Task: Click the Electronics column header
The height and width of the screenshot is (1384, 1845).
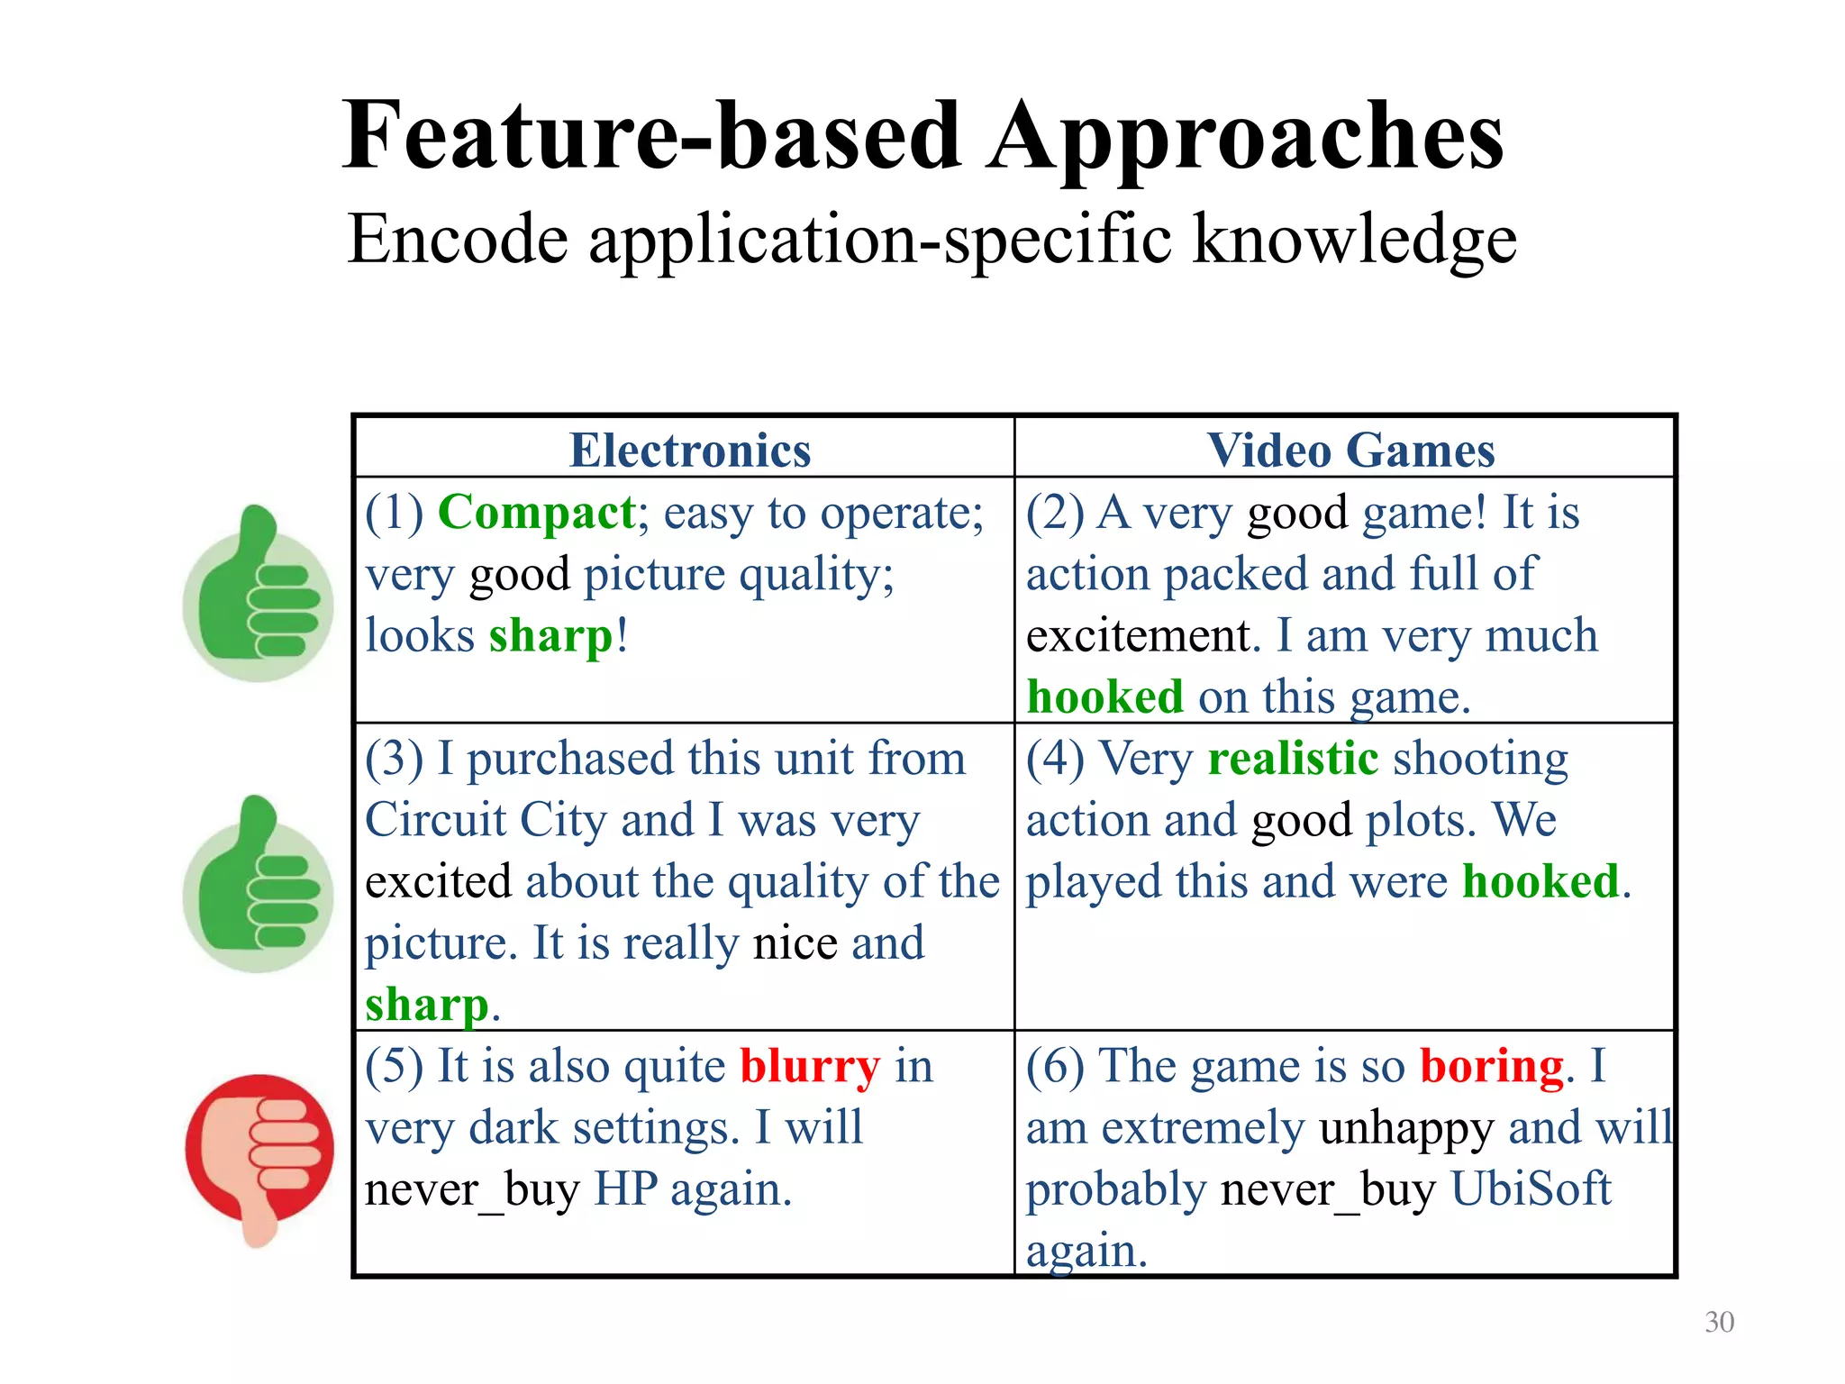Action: click(690, 450)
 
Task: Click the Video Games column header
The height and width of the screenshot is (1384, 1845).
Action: click(1350, 450)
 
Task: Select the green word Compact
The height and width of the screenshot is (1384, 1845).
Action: click(537, 514)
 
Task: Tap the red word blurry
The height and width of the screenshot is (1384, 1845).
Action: click(809, 1067)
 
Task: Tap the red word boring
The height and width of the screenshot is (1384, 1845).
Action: click(1492, 1067)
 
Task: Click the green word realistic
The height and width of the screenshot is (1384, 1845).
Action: click(1293, 759)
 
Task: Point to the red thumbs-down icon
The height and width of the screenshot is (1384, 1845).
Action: click(259, 1153)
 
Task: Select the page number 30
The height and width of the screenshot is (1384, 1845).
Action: click(1719, 1322)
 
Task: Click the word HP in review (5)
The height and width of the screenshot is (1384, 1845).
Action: click(626, 1189)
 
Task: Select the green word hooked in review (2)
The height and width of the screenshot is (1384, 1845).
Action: click(1104, 697)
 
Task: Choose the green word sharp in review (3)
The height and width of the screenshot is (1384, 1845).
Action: click(426, 1006)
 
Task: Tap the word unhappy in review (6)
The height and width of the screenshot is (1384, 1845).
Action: click(1405, 1128)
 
